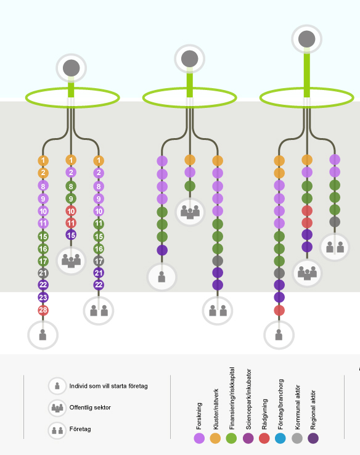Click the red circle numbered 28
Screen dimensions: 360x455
click(43, 310)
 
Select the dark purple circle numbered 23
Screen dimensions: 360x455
click(43, 297)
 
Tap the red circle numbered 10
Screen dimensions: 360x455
click(71, 211)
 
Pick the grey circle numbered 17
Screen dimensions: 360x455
click(99, 261)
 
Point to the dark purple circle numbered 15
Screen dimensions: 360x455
click(71, 235)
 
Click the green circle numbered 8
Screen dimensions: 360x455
click(71, 186)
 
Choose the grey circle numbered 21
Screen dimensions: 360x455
click(43, 273)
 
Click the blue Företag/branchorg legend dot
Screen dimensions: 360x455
click(280, 438)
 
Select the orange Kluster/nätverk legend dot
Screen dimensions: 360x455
click(215, 438)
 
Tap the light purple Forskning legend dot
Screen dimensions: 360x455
click(199, 438)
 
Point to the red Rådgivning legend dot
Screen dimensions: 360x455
click(264, 438)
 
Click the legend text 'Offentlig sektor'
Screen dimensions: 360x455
click(90, 408)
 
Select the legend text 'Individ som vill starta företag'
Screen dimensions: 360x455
click(108, 386)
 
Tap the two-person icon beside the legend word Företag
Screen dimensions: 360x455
click(57, 430)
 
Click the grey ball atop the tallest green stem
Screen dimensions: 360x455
click(306, 39)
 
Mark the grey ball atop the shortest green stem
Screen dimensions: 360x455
click(72, 68)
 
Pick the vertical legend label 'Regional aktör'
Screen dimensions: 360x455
click(313, 410)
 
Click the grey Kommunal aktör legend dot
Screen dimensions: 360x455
click(297, 438)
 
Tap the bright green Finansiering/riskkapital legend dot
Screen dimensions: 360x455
click(231, 438)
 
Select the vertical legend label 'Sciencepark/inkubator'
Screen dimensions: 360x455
click(248, 400)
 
